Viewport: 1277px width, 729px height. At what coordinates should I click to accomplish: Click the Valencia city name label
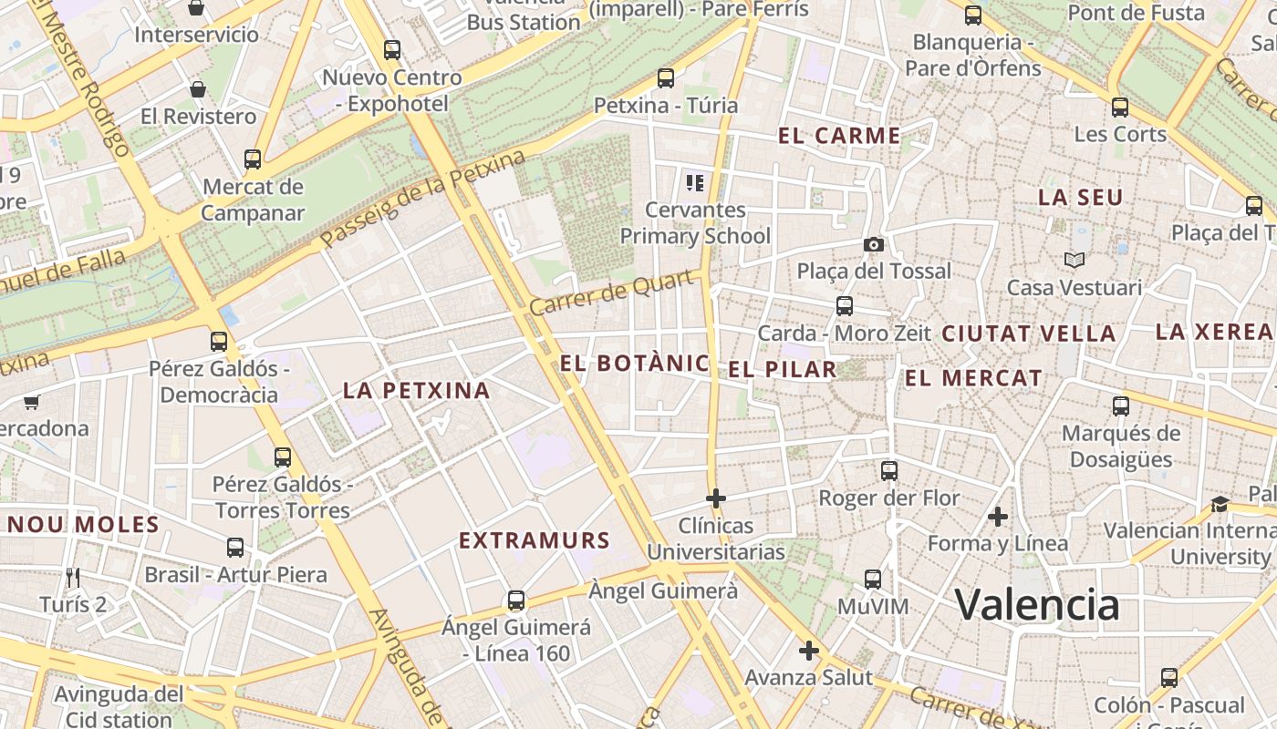(1037, 604)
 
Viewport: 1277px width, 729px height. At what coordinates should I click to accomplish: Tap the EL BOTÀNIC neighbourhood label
(634, 364)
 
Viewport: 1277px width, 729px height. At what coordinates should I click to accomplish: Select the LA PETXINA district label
(416, 391)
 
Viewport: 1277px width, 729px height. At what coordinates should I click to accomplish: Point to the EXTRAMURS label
(534, 540)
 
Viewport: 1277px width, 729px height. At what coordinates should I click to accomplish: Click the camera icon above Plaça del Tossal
(873, 244)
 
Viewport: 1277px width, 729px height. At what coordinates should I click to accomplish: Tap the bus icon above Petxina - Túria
(666, 78)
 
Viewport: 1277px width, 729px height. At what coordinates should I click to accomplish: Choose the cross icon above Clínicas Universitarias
(716, 498)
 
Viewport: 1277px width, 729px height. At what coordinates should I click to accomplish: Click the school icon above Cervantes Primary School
(695, 183)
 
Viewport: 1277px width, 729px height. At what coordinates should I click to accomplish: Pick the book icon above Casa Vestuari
(1075, 261)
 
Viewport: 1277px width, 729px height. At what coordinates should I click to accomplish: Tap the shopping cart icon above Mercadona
(32, 402)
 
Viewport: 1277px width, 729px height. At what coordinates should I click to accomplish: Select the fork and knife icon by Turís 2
(73, 577)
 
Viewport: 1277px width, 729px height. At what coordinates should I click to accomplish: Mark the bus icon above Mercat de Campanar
(253, 159)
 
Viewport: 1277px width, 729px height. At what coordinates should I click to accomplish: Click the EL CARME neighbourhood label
(839, 137)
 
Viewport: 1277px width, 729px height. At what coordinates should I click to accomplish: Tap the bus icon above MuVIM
(873, 580)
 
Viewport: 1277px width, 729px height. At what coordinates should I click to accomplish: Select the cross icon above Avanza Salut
(808, 651)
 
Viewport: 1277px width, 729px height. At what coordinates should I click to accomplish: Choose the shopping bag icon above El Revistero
(198, 89)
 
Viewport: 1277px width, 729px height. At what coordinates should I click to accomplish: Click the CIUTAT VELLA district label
(1028, 334)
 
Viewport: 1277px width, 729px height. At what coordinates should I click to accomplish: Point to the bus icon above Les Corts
(1120, 108)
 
